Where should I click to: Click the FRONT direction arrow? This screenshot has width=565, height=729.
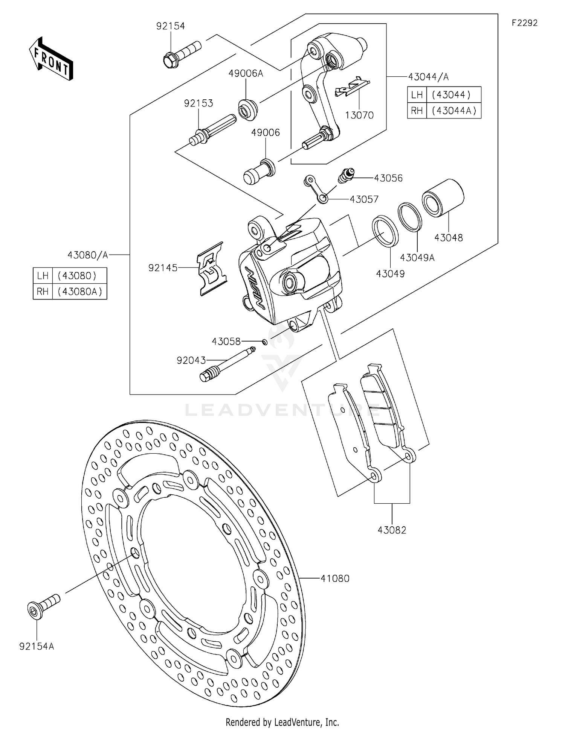pyautogui.click(x=51, y=59)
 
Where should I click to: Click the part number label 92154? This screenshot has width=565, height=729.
pyautogui.click(x=171, y=26)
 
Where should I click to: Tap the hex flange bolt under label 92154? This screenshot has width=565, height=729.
pyautogui.click(x=181, y=55)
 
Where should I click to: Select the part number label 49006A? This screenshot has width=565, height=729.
pyautogui.click(x=246, y=73)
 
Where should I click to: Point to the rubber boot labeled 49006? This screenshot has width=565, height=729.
pyautogui.click(x=260, y=172)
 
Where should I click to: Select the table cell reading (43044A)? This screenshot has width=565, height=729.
pyautogui.click(x=454, y=111)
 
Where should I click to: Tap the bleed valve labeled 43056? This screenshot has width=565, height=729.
pyautogui.click(x=346, y=175)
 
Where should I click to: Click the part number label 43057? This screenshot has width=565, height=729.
pyautogui.click(x=364, y=199)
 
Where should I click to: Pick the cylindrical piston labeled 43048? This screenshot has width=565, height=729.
pyautogui.click(x=443, y=198)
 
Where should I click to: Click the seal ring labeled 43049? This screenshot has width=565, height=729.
pyautogui.click(x=385, y=231)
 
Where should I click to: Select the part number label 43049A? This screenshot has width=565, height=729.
pyautogui.click(x=417, y=258)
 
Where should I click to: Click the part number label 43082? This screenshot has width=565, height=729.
pyautogui.click(x=392, y=530)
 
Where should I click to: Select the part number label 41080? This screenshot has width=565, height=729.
pyautogui.click(x=335, y=578)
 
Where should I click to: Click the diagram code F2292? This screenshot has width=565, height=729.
pyautogui.click(x=524, y=23)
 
